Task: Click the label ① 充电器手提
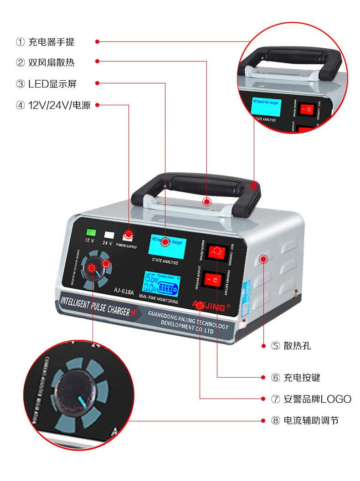click(45, 42)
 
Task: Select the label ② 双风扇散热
click(45, 63)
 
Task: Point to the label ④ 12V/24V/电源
click(53, 105)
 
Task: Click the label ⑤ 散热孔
click(291, 346)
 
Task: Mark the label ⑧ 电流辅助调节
click(305, 420)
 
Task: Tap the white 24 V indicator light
click(109, 235)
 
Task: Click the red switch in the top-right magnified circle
click(309, 110)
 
